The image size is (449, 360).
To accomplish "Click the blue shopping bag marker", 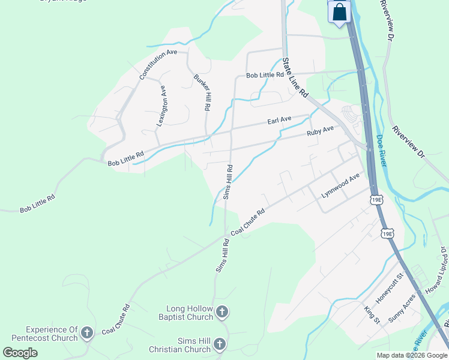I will pos(339,12).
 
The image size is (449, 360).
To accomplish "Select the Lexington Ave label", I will pos(161,106).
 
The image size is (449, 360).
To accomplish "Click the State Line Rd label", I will pos(295,78).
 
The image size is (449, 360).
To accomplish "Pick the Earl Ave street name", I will pos(279,120).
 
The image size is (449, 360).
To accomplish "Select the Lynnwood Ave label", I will pos(340,185).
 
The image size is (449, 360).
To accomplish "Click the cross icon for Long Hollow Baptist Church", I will pos(222,311).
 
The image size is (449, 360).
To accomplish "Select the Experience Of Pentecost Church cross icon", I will pos(87,332).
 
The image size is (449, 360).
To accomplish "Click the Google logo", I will pos(20,353).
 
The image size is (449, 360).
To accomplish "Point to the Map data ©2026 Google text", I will pos(412,355).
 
